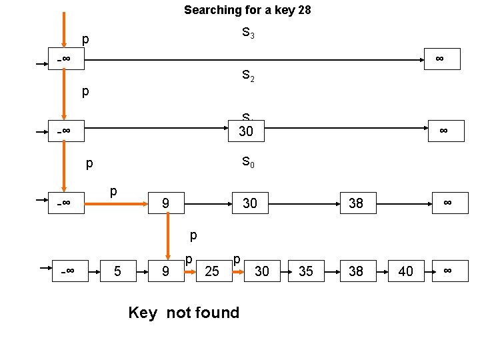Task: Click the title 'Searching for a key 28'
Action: (x=247, y=10)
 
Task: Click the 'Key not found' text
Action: (x=183, y=312)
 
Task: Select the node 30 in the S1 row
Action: (x=246, y=131)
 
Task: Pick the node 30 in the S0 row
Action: (x=249, y=202)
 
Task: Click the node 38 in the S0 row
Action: (x=356, y=202)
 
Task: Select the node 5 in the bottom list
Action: (x=117, y=271)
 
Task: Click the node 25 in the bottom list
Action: (x=212, y=271)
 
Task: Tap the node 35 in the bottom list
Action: (x=306, y=271)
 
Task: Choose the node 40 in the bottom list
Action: (x=405, y=271)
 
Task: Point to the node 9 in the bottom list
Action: (x=166, y=271)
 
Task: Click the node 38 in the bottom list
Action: (x=356, y=271)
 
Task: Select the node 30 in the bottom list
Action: (x=262, y=271)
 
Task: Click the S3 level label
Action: (x=247, y=33)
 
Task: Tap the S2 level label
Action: (x=247, y=76)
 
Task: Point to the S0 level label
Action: (x=247, y=161)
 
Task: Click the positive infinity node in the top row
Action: (x=440, y=59)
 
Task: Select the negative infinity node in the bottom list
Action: (x=70, y=271)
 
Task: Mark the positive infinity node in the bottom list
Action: (x=448, y=271)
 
